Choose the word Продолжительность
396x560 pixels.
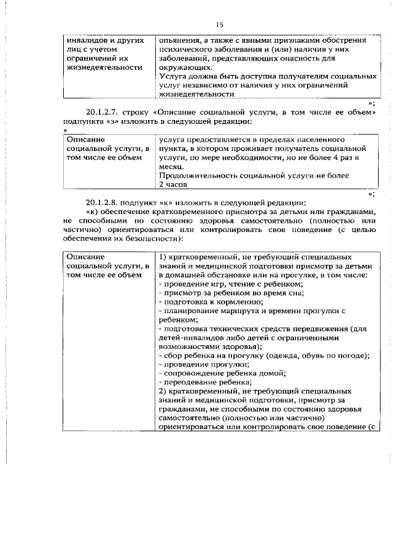196,176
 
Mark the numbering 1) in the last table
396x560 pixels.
163,256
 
